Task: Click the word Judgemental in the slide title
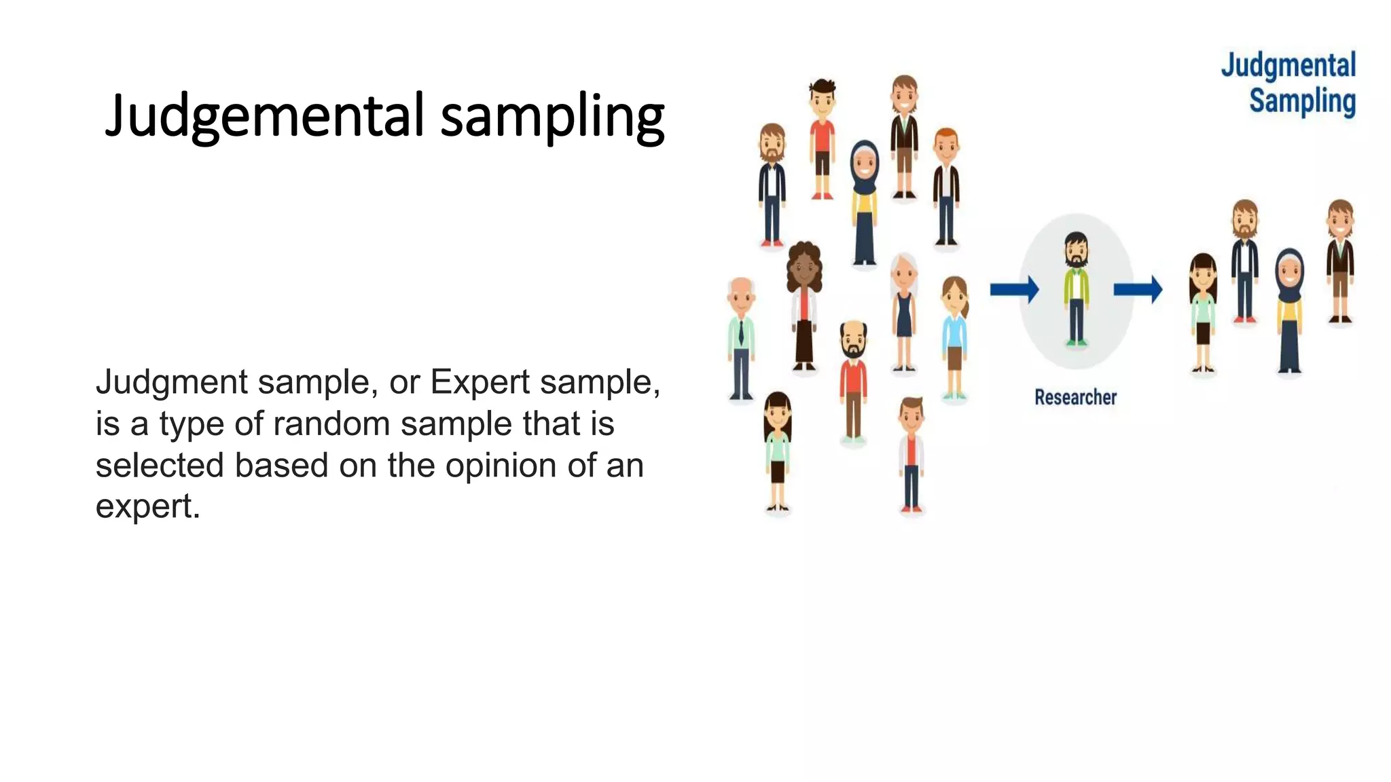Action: [x=265, y=115]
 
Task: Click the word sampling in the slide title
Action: [x=552, y=117]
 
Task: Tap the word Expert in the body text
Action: [x=480, y=381]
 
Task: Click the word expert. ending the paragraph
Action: [x=147, y=506]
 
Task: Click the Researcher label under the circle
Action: [x=1075, y=397]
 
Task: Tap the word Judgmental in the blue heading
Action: [x=1288, y=66]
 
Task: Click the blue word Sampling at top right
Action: [x=1301, y=101]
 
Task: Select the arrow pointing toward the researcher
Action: [x=1013, y=290]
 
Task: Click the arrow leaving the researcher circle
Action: [x=1138, y=290]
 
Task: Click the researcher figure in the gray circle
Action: [x=1076, y=288]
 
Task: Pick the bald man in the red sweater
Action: [x=853, y=380]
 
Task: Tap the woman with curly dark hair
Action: [x=804, y=305]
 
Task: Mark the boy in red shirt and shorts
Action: [x=823, y=139]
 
